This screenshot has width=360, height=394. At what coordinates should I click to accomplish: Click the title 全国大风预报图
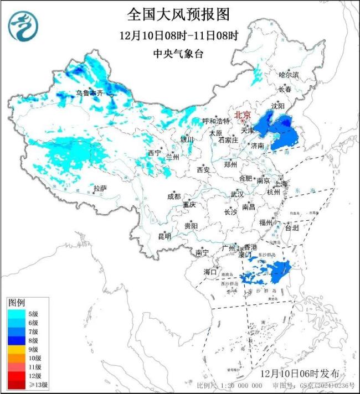click(x=178, y=14)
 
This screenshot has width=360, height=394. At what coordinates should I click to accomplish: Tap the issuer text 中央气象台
click(x=178, y=54)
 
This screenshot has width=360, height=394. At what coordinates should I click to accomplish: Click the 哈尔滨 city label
click(x=289, y=74)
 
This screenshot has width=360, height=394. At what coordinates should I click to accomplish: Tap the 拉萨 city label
click(x=100, y=188)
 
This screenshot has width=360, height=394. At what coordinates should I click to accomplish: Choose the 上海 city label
click(x=280, y=184)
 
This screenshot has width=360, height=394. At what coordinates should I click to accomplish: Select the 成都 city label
click(x=174, y=196)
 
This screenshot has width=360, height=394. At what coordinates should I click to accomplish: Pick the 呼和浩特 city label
click(x=215, y=121)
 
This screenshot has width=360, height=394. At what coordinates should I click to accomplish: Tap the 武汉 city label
click(x=237, y=194)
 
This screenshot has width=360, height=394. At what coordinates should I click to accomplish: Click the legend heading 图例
click(x=16, y=303)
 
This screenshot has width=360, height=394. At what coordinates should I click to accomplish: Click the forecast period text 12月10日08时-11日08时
click(x=178, y=35)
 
